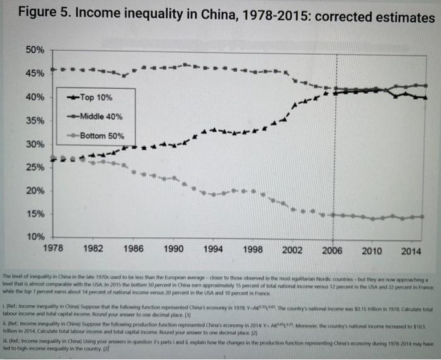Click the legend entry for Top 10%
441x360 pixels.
[96, 98]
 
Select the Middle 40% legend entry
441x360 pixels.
[101, 116]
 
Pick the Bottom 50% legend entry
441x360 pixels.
[102, 135]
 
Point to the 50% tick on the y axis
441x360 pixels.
[35, 50]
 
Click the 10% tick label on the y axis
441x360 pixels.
[35, 237]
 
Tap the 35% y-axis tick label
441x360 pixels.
[35, 121]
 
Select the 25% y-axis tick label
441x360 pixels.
[35, 167]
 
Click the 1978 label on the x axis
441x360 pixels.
[53, 249]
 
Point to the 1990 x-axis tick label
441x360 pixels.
[173, 249]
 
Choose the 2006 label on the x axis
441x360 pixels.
[332, 249]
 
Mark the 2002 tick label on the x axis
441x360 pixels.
[292, 249]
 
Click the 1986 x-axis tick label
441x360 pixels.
[133, 249]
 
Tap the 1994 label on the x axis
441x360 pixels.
[212, 249]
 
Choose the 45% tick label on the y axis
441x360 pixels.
[35, 74]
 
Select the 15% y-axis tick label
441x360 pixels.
[35, 214]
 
